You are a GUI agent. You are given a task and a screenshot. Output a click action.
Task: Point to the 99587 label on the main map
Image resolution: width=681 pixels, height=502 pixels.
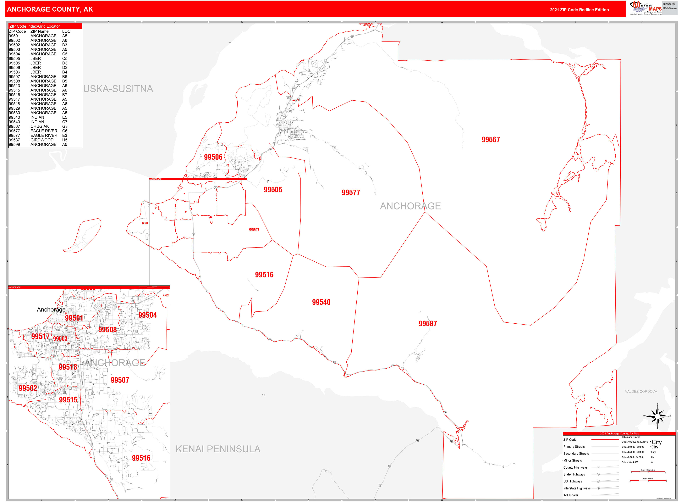click(x=427, y=323)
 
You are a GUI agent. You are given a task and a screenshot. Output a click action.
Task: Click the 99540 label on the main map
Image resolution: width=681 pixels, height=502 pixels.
click(x=321, y=302)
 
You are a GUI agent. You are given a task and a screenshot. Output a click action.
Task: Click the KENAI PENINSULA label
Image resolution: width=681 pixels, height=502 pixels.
click(x=218, y=449)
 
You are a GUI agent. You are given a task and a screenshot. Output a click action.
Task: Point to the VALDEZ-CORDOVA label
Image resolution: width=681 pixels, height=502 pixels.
click(x=641, y=391)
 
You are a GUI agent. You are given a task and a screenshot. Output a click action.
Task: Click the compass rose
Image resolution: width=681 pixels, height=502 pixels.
click(x=657, y=416)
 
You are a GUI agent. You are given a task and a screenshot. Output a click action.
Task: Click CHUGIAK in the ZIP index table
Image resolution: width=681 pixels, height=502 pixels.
click(x=40, y=126)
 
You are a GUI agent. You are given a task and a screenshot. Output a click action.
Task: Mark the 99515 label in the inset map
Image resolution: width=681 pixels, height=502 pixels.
click(x=68, y=400)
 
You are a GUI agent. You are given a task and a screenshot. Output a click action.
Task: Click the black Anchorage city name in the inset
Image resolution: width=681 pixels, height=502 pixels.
click(x=51, y=309)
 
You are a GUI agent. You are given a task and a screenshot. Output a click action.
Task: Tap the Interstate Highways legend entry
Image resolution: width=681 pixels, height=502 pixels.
click(x=577, y=488)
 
